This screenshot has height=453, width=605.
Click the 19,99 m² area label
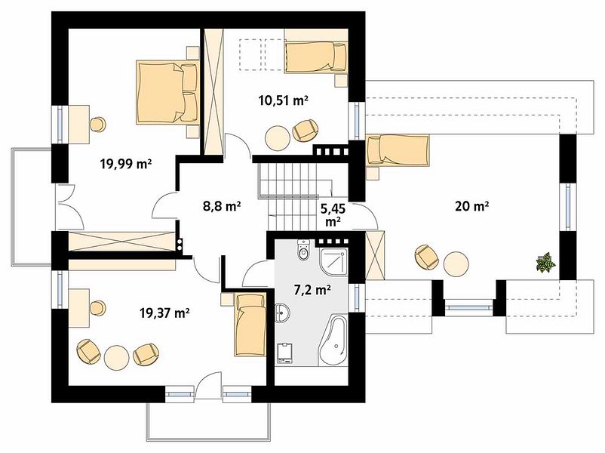(x=126, y=164)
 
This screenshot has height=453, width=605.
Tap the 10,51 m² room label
(x=283, y=100)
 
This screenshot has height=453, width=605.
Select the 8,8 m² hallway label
(x=222, y=206)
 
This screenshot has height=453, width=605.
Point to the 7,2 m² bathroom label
(x=312, y=289)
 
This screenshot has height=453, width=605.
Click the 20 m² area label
(x=472, y=206)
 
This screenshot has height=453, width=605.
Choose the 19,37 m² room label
(x=164, y=313)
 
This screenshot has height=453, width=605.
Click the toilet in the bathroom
(x=304, y=249)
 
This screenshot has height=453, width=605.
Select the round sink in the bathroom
(x=282, y=312)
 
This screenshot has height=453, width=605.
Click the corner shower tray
(x=334, y=261)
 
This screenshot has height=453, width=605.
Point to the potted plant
(x=545, y=263)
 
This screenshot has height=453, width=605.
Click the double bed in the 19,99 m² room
(x=167, y=92)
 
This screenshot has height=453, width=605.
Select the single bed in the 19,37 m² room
(x=250, y=325)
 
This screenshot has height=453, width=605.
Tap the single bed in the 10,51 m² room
(x=315, y=57)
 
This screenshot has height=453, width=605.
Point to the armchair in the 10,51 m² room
(x=306, y=131)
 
